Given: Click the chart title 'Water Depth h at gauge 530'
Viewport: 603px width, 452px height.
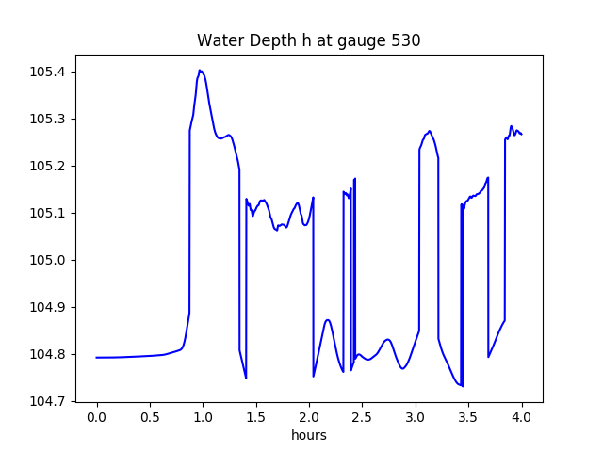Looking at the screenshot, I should pyautogui.click(x=308, y=40).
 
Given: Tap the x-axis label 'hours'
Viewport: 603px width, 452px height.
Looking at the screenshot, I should pyautogui.click(x=309, y=436).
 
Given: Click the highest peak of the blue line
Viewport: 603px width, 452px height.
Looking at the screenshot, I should pyautogui.click(x=200, y=70).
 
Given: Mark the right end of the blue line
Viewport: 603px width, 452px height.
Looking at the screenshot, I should pyautogui.click(x=522, y=134).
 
